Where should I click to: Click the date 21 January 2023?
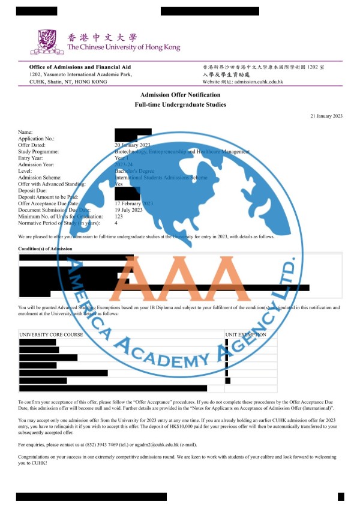coord(326,115)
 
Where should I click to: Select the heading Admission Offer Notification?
coord(180,95)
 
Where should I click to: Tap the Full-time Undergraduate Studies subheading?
coord(180,105)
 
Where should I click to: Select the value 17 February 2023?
coord(134,203)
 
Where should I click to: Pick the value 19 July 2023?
coord(128,210)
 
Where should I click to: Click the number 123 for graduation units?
coord(119,217)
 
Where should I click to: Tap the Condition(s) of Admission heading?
coord(45,248)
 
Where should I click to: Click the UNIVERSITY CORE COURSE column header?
coord(51,334)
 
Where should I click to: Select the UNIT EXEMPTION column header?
coord(246,334)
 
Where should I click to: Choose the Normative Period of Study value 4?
coord(116,223)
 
